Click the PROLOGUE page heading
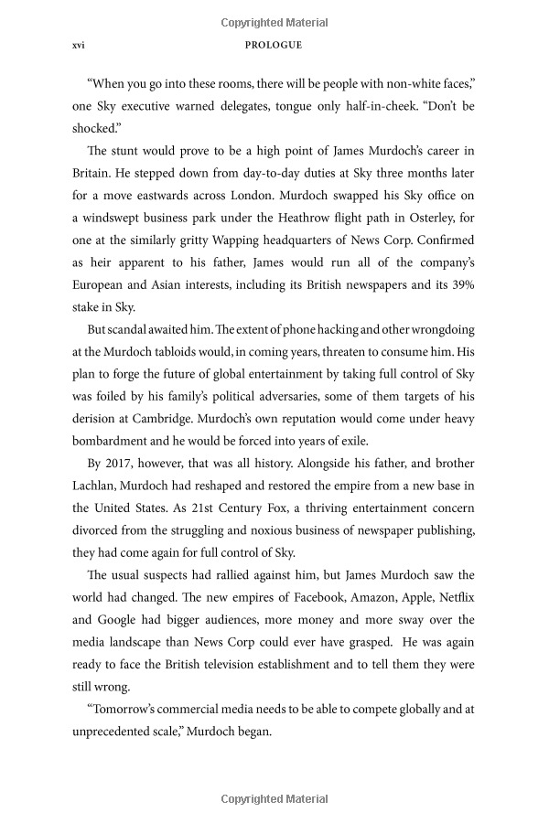point(274,44)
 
